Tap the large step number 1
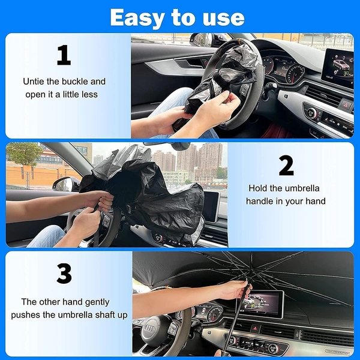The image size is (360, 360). tap(64, 55)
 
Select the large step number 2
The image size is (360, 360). tap(286, 166)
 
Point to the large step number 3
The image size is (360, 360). tap(64, 274)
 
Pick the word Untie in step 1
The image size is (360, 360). tap(34, 81)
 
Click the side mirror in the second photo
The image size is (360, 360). tap(65, 184)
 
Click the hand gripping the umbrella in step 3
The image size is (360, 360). tap(234, 290)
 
